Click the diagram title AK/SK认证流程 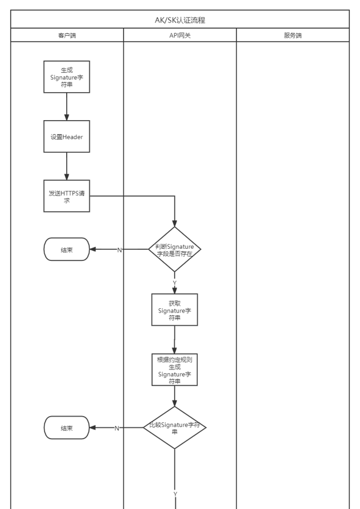click(x=180, y=20)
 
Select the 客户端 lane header click(x=67, y=35)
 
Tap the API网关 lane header click(x=180, y=35)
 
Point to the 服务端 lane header click(x=293, y=35)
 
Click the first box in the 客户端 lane click(x=67, y=76)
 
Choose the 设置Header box click(x=67, y=137)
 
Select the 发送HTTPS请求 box click(x=67, y=196)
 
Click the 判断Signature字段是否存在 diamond click(x=175, y=249)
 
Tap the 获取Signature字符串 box click(x=175, y=309)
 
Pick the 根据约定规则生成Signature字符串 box click(x=175, y=369)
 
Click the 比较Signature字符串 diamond click(x=175, y=428)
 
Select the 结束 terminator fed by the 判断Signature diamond click(x=67, y=249)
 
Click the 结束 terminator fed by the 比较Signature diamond click(x=67, y=428)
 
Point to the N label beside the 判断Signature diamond click(x=120, y=250)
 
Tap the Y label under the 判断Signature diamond click(x=175, y=283)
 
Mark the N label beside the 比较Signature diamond click(x=117, y=428)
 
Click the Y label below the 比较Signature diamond click(x=175, y=494)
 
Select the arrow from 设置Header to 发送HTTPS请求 click(x=67, y=166)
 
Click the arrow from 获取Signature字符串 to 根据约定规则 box click(x=175, y=340)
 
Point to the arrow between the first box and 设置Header click(x=67, y=107)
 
